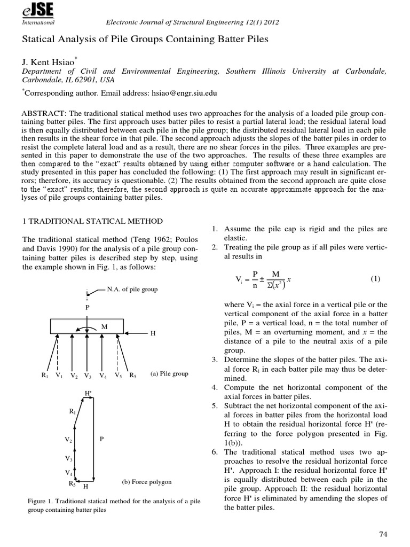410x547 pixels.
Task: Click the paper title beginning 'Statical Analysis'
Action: point(144,40)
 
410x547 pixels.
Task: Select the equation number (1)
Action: point(375,279)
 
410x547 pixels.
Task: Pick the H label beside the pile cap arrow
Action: point(153,333)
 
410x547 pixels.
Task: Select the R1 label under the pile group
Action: point(45,375)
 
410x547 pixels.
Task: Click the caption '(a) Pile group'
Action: point(169,373)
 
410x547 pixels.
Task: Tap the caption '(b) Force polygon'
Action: point(147,482)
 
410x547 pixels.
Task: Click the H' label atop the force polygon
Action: point(89,394)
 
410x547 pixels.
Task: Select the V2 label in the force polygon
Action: point(68,440)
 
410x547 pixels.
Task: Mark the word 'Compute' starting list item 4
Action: point(242,387)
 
